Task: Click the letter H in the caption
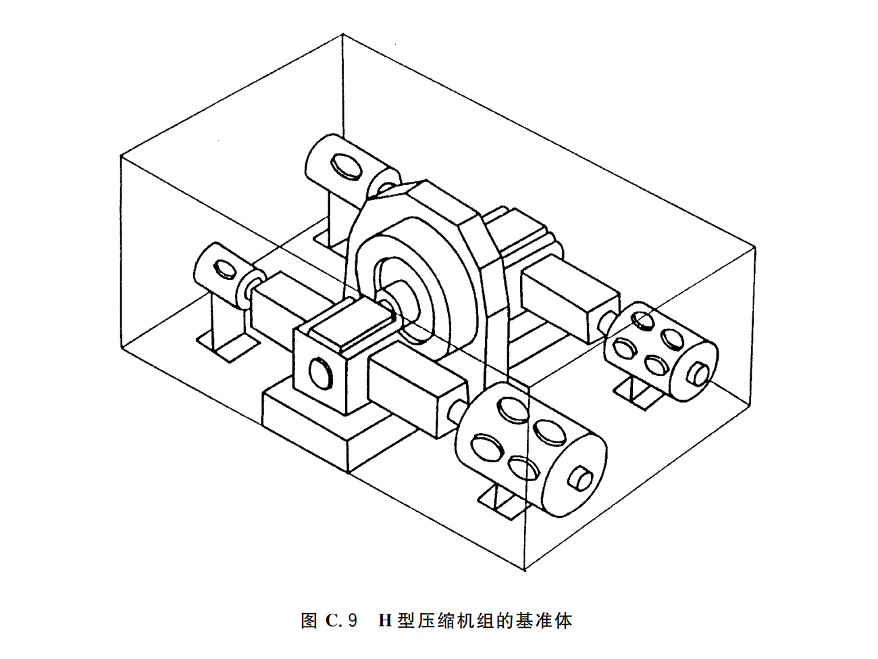pos(386,620)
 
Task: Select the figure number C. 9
pos(341,620)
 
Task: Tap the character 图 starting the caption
pos(309,620)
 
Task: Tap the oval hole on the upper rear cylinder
pos(345,166)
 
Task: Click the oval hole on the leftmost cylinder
pos(222,268)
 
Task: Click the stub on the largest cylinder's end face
pos(581,478)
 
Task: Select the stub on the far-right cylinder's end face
pos(698,373)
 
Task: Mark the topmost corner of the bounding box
pos(345,35)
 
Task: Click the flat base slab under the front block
pos(317,426)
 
